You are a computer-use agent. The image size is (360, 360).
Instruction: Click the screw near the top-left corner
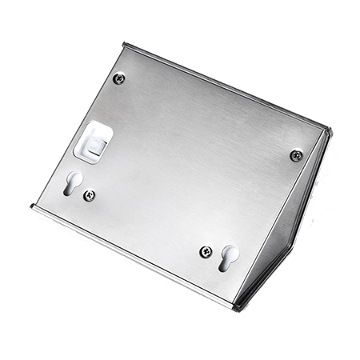[x=119, y=78]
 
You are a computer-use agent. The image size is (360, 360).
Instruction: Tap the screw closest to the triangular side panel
[x=295, y=154]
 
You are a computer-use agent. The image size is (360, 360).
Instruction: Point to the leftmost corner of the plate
[x=31, y=207]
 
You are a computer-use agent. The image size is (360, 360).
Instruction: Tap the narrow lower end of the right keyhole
[x=226, y=263]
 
